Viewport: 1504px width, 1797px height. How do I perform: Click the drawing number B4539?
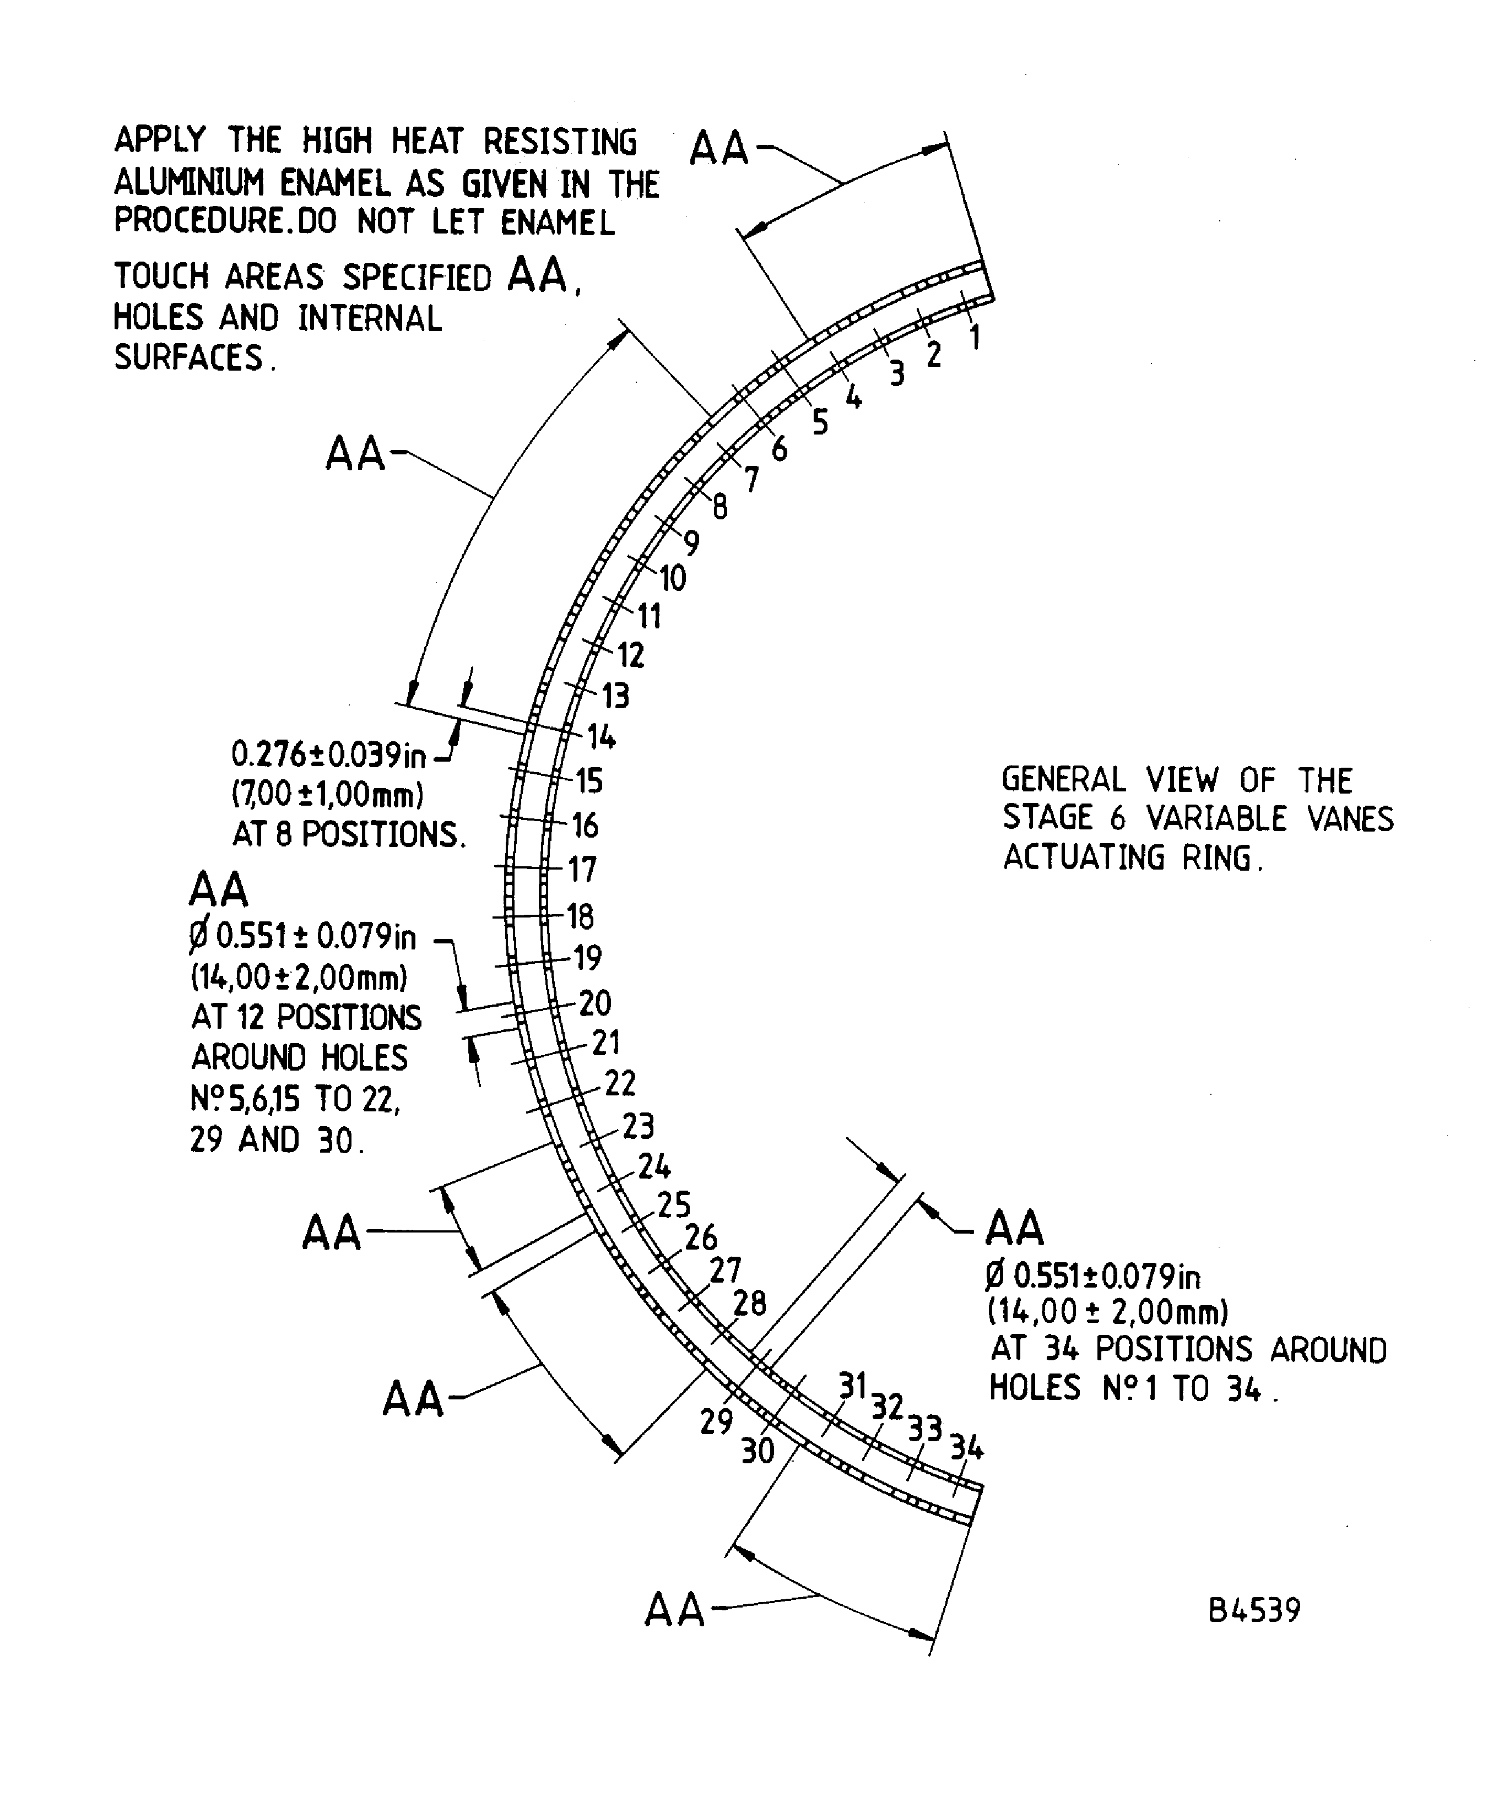click(1254, 1610)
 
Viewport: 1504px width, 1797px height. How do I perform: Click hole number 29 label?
click(717, 1421)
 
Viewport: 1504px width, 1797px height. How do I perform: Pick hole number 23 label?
click(638, 1126)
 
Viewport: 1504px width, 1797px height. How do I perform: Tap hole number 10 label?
click(672, 578)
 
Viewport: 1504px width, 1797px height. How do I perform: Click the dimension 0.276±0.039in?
click(328, 754)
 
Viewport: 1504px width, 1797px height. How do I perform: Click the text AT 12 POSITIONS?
click(306, 1017)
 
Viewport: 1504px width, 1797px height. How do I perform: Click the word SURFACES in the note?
click(189, 357)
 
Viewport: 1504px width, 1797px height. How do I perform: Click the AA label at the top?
click(719, 148)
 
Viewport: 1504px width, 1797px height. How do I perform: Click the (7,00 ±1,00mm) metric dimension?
click(328, 794)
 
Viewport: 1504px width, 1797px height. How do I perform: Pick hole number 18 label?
click(580, 916)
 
